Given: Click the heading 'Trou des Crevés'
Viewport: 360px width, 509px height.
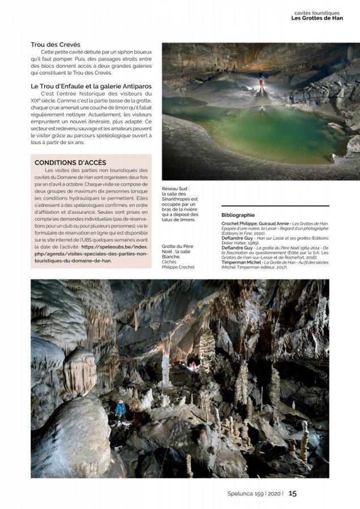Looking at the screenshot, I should (x=55, y=45).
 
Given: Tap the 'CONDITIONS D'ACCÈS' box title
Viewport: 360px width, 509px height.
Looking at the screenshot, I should (x=70, y=163).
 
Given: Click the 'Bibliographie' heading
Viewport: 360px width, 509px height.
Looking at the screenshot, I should (x=238, y=215).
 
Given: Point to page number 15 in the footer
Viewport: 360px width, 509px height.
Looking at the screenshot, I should (x=293, y=493).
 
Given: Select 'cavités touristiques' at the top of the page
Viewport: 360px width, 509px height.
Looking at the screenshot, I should (x=317, y=12).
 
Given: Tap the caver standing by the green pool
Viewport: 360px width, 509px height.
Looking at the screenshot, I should (x=261, y=84).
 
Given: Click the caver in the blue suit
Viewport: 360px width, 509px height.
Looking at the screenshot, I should (x=121, y=408).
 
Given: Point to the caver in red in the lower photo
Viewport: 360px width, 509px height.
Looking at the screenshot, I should (x=194, y=366).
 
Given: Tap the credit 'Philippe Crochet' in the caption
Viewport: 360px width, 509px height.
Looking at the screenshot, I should (x=178, y=267).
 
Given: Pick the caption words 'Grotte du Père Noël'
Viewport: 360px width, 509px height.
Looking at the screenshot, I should (x=177, y=247).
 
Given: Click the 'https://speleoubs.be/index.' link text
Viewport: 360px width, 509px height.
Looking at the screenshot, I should (x=115, y=247).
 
